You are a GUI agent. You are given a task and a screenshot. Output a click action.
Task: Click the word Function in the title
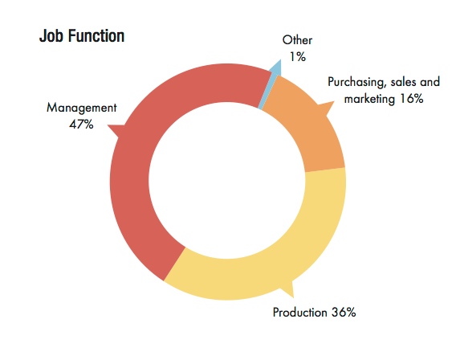tap(96, 36)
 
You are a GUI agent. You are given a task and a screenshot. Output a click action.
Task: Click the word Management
tap(81, 108)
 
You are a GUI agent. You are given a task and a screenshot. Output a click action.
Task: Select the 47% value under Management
tap(81, 125)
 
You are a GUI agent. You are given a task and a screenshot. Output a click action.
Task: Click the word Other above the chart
tap(297, 40)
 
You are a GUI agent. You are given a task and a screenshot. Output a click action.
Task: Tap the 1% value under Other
tap(298, 57)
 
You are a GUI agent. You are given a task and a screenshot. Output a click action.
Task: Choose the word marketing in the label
tap(369, 99)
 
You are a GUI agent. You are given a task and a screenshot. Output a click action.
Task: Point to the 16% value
tap(412, 99)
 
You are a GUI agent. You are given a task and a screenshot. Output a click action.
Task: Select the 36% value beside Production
tap(344, 313)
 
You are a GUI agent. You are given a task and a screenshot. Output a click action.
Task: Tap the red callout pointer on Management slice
tap(116, 130)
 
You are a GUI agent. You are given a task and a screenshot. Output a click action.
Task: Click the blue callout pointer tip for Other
tap(281, 60)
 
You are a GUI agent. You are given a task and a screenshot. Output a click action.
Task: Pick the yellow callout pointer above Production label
tap(288, 289)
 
